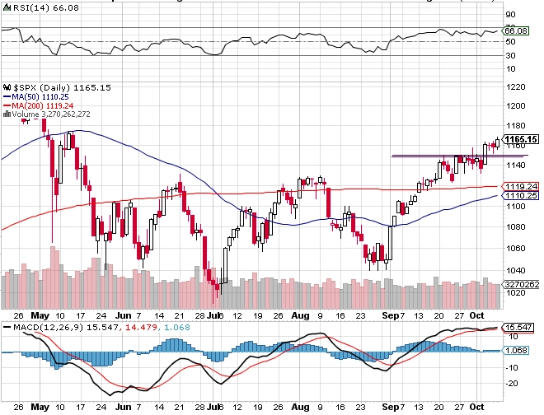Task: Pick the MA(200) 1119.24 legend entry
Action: pyautogui.click(x=41, y=105)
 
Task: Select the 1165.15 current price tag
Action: pyautogui.click(x=521, y=139)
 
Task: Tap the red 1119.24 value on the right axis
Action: pyautogui.click(x=521, y=186)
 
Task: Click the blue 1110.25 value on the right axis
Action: pyautogui.click(x=521, y=196)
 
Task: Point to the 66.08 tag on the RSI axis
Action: pyautogui.click(x=516, y=30)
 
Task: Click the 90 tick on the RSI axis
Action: pyautogui.click(x=511, y=15)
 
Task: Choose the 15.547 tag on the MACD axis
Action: pyautogui.click(x=518, y=328)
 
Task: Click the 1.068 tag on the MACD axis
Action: pyautogui.click(x=516, y=350)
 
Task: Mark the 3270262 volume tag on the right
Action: pyautogui.click(x=521, y=283)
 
